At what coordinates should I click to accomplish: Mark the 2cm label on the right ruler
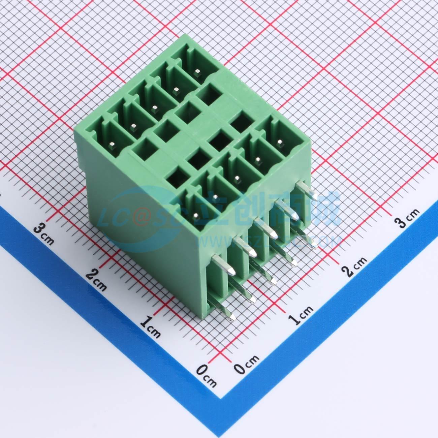point(354,266)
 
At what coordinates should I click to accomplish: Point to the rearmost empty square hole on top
point(208,92)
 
